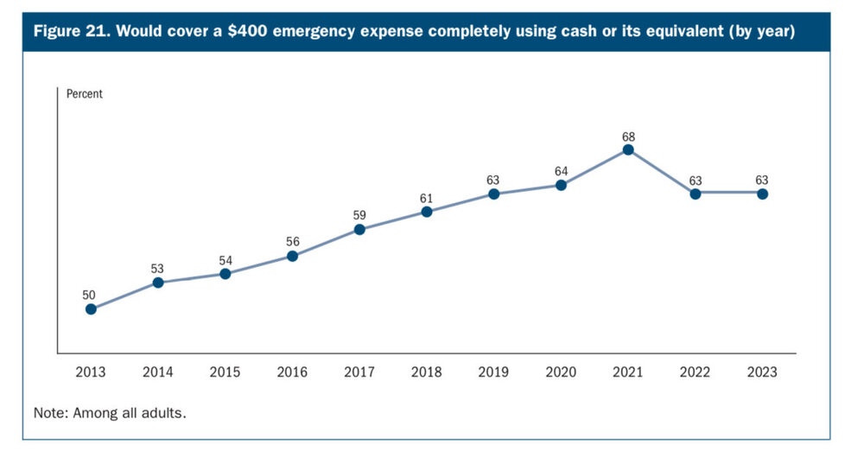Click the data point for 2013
(x=91, y=309)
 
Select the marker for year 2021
(x=628, y=149)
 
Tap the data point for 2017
(x=359, y=229)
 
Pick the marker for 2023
(x=762, y=194)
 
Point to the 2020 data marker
(x=561, y=185)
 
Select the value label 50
(x=90, y=295)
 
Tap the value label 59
(x=359, y=215)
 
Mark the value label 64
(x=561, y=170)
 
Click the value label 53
(x=157, y=269)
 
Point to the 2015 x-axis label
(x=225, y=372)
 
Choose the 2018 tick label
(x=426, y=372)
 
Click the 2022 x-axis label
(x=695, y=372)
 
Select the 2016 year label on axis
(x=292, y=372)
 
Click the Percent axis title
(x=85, y=94)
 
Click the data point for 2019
(x=493, y=194)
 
